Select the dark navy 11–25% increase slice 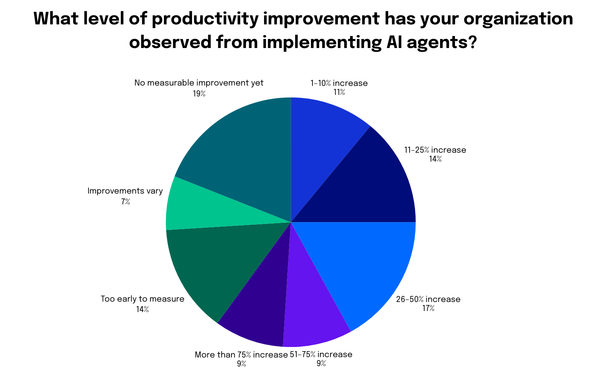coord(371,184)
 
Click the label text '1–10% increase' coord(339,83)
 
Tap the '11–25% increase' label coord(435,150)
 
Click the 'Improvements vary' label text coord(125,191)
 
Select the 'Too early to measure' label coord(143,299)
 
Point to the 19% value coord(199,93)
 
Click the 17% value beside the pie coord(428,309)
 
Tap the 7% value coord(125,202)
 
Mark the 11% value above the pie coord(339,92)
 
